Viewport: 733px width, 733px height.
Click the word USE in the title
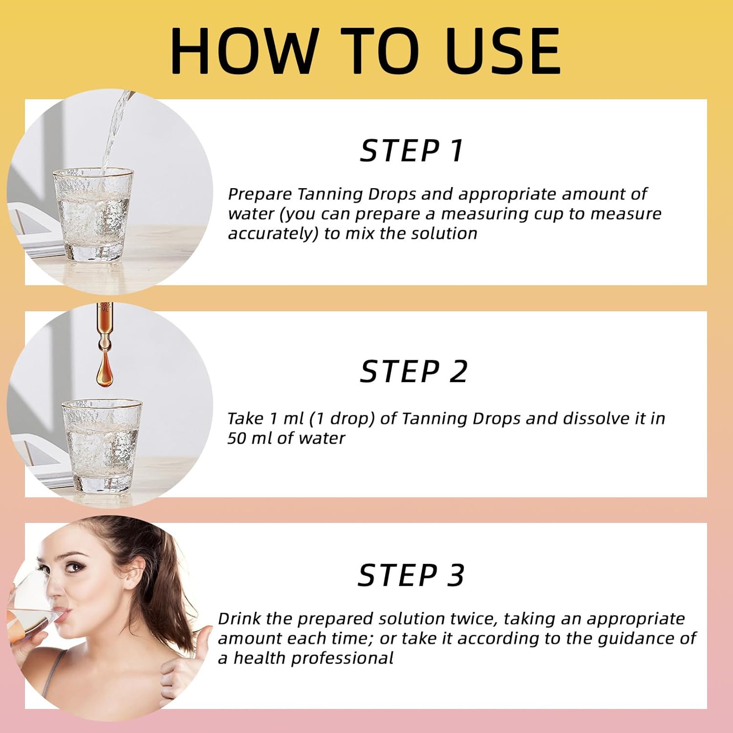[503, 51]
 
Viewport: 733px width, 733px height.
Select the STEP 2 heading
[413, 371]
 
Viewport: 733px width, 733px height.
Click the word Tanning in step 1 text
[330, 194]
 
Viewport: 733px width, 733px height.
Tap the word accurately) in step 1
[273, 234]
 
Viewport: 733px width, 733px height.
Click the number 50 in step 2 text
[237, 438]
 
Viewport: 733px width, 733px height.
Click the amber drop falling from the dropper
[104, 371]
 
